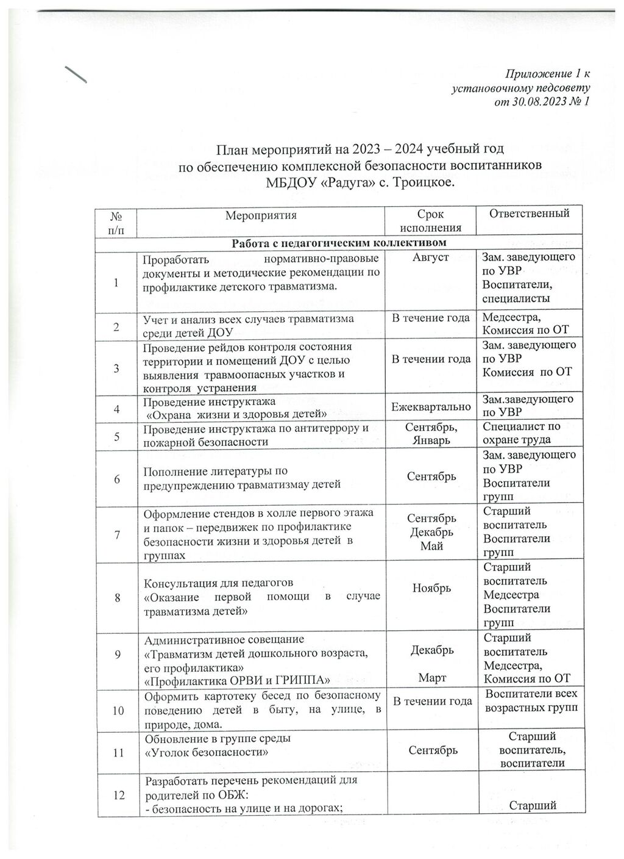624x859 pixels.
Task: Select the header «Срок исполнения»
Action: (x=430, y=221)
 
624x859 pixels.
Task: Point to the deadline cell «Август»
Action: (x=430, y=257)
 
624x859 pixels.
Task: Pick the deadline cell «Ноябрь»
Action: (x=431, y=588)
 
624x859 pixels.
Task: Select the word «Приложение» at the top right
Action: (x=541, y=74)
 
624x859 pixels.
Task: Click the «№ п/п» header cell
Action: (x=116, y=221)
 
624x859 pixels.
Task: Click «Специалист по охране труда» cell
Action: (x=521, y=433)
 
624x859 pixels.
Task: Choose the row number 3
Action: (x=116, y=367)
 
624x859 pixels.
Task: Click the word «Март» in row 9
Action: (x=431, y=678)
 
